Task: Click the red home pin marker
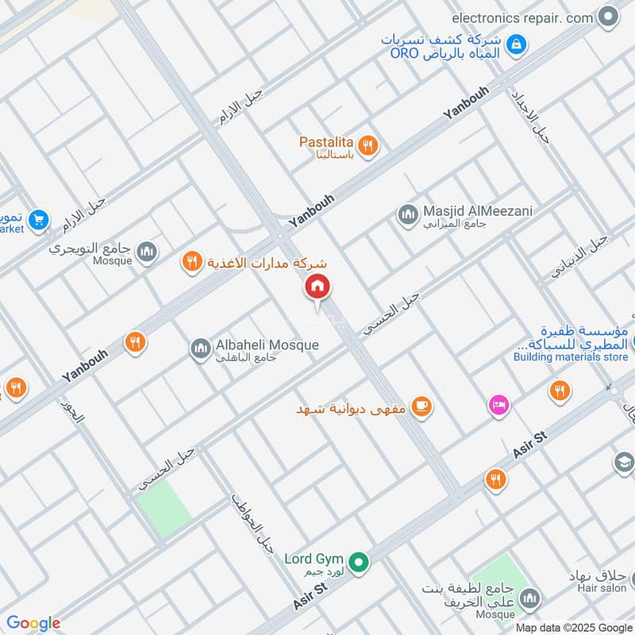click(317, 287)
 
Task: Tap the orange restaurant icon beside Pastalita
click(367, 145)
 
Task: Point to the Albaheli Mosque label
click(267, 345)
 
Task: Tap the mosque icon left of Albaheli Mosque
click(199, 348)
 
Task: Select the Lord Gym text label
click(314, 559)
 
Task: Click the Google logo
click(33, 623)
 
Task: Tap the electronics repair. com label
click(523, 17)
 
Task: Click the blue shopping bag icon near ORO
click(517, 45)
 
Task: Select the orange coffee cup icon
click(422, 408)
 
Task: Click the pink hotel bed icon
click(498, 405)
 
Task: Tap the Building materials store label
click(570, 357)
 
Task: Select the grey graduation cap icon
click(624, 462)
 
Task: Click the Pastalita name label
click(325, 142)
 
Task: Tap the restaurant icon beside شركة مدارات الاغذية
click(191, 261)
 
